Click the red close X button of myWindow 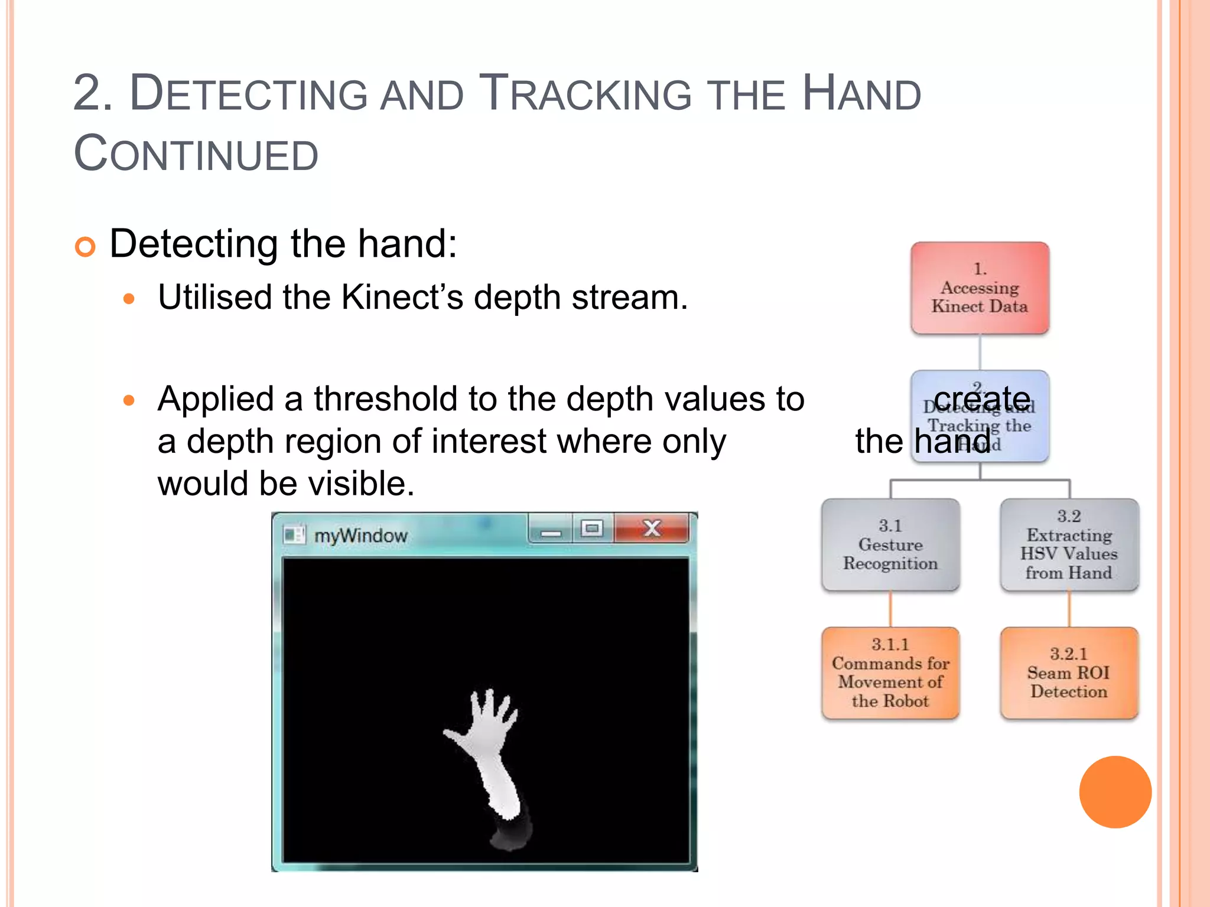pyautogui.click(x=651, y=528)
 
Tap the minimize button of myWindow pyautogui.click(x=550, y=530)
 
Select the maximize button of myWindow pyautogui.click(x=592, y=528)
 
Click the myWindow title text pyautogui.click(x=360, y=536)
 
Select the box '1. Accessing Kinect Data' pyautogui.click(x=980, y=288)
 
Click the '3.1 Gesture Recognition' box pyautogui.click(x=890, y=544)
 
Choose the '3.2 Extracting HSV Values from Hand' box pyautogui.click(x=1069, y=544)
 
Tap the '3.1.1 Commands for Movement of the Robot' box pyautogui.click(x=890, y=673)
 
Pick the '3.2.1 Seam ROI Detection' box pyautogui.click(x=1069, y=673)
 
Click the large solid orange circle pyautogui.click(x=1115, y=792)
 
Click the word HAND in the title pyautogui.click(x=861, y=94)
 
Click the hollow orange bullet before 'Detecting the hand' pyautogui.click(x=85, y=247)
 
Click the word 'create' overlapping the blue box pyautogui.click(x=982, y=399)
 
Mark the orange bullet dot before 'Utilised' pyautogui.click(x=129, y=299)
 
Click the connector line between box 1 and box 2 pyautogui.click(x=980, y=353)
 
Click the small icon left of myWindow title pyautogui.click(x=294, y=535)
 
